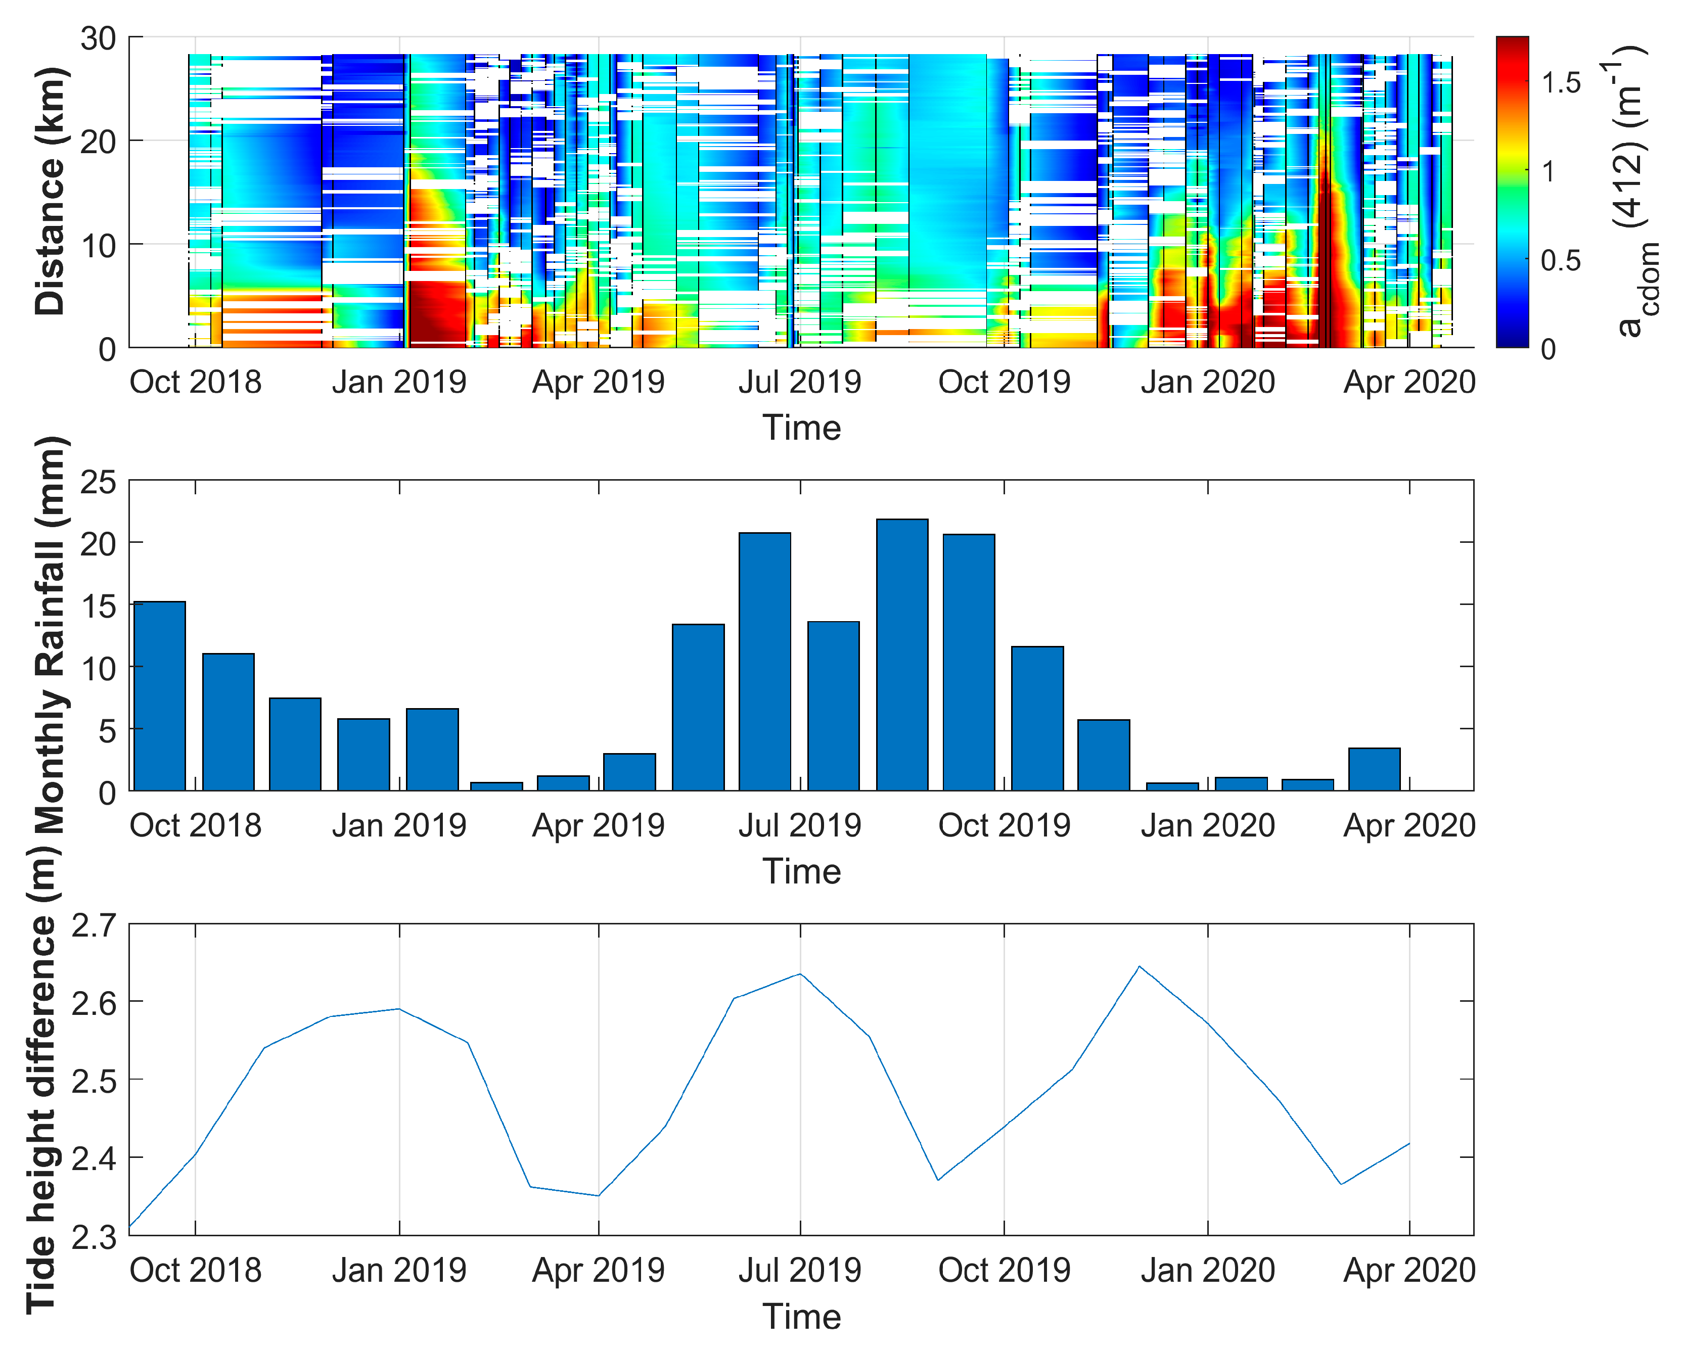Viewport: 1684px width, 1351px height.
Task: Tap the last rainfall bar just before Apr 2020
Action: click(1374, 769)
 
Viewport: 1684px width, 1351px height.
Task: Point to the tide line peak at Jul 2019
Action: click(800, 974)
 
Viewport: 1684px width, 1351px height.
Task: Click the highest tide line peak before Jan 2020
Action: click(1140, 967)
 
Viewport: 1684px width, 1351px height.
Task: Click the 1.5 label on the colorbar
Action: click(1561, 83)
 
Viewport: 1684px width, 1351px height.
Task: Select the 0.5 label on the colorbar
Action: click(1561, 261)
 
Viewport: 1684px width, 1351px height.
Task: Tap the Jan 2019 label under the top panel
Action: click(399, 383)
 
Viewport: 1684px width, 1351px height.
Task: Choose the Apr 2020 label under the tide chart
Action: click(1409, 1271)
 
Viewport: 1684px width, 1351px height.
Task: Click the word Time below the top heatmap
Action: click(801, 428)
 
